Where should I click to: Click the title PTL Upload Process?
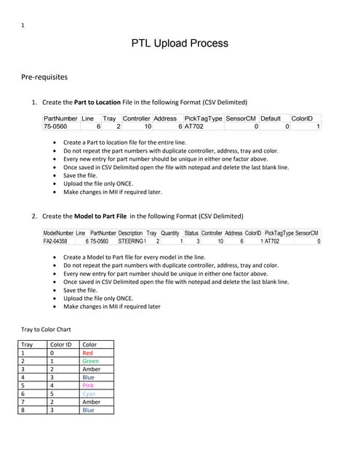180,44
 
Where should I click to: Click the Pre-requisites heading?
44,76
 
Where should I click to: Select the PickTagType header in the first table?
204,118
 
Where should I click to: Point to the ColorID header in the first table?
301,118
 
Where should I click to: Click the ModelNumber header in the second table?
58,232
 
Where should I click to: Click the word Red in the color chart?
88,353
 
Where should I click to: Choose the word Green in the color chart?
91,361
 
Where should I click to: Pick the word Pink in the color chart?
89,385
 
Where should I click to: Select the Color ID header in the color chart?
60,345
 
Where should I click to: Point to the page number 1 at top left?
23,26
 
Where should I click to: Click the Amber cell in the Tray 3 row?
91,369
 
